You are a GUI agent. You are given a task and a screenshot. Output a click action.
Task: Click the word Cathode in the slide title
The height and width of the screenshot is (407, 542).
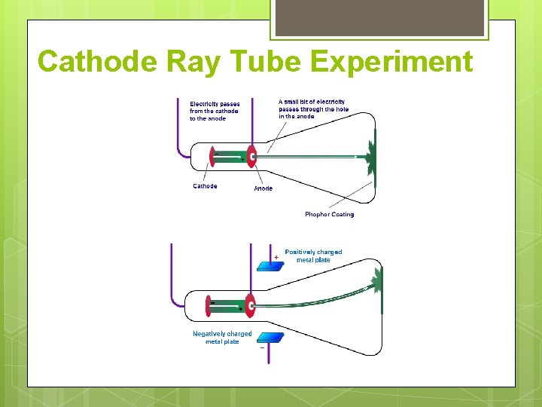pos(100,62)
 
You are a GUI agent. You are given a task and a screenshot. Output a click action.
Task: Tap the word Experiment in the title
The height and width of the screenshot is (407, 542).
pos(391,62)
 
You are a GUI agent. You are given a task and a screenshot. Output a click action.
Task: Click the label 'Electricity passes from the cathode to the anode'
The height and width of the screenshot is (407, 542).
pos(215,111)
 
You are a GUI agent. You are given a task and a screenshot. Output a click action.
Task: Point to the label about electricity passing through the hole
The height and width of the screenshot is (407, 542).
pos(313,109)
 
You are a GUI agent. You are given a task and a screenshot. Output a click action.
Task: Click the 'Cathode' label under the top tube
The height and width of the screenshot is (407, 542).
pos(205,186)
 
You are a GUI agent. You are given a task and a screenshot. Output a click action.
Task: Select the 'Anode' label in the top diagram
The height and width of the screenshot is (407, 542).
pos(263,188)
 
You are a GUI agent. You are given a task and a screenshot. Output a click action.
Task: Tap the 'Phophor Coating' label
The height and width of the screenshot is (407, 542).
pos(329,214)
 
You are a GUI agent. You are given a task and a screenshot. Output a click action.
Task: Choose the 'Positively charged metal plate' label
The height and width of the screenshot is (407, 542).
pos(313,256)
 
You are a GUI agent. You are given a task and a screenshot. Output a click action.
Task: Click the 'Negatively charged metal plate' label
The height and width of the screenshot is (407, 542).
pos(222,338)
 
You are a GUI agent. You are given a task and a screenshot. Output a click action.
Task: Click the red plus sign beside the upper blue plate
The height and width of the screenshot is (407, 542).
pos(276,257)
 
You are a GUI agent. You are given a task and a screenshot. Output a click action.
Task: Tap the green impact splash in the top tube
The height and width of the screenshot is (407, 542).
pos(370,156)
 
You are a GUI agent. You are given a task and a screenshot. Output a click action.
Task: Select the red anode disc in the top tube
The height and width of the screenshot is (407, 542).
pos(251,156)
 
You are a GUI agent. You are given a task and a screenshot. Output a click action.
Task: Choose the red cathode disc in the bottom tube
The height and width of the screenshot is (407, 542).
pos(211,305)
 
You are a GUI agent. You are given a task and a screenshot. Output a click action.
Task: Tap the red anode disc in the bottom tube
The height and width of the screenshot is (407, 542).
pos(250,305)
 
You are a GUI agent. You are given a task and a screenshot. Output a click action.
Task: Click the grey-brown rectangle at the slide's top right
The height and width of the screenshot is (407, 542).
pos(379,17)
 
